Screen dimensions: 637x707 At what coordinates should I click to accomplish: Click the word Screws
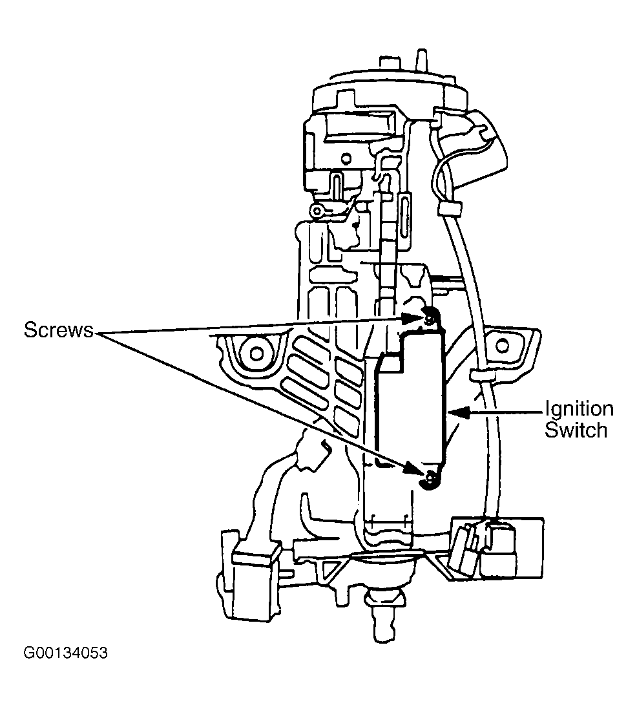tap(58, 330)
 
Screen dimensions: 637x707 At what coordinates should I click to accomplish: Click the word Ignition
tap(580, 410)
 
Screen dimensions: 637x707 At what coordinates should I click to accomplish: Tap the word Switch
tap(576, 430)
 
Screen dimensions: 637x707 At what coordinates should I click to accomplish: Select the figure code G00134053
tap(66, 653)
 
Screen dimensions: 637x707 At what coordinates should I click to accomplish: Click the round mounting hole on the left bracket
tap(256, 353)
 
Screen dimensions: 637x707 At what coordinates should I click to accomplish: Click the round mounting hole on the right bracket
tap(502, 346)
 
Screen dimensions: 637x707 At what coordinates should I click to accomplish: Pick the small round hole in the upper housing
tap(346, 158)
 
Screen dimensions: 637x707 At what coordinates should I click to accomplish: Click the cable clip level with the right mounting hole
tap(481, 375)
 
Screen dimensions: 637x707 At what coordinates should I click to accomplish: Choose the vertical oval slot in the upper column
tap(404, 218)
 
